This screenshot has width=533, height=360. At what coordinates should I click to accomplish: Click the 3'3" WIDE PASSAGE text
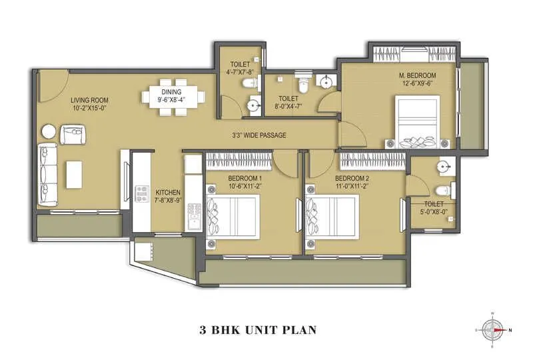tap(259, 135)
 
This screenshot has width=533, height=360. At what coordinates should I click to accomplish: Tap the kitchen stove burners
tap(141, 194)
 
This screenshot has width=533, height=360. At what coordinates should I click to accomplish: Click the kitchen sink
tap(195, 215)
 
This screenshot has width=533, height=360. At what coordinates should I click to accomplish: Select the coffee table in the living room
tap(73, 173)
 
